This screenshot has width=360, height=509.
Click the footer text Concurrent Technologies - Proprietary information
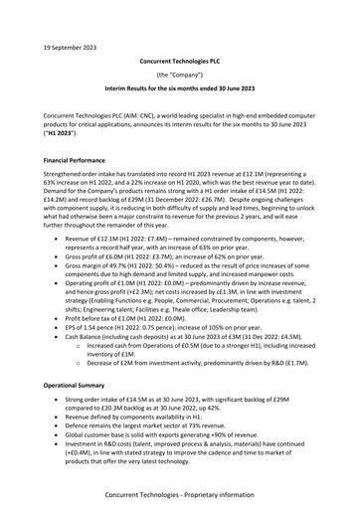(180, 494)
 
